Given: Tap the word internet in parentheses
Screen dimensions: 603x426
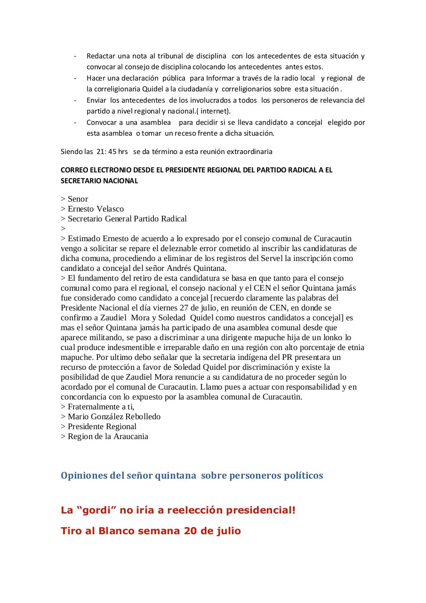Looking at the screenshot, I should click(x=215, y=111).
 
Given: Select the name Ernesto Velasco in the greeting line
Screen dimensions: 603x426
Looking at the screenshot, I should click(x=96, y=209).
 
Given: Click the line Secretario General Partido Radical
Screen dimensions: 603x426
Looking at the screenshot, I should click(x=127, y=219).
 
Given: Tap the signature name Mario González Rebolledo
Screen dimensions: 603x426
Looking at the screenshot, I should click(x=114, y=416).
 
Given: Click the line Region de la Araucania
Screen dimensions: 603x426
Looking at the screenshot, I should click(x=108, y=436).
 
